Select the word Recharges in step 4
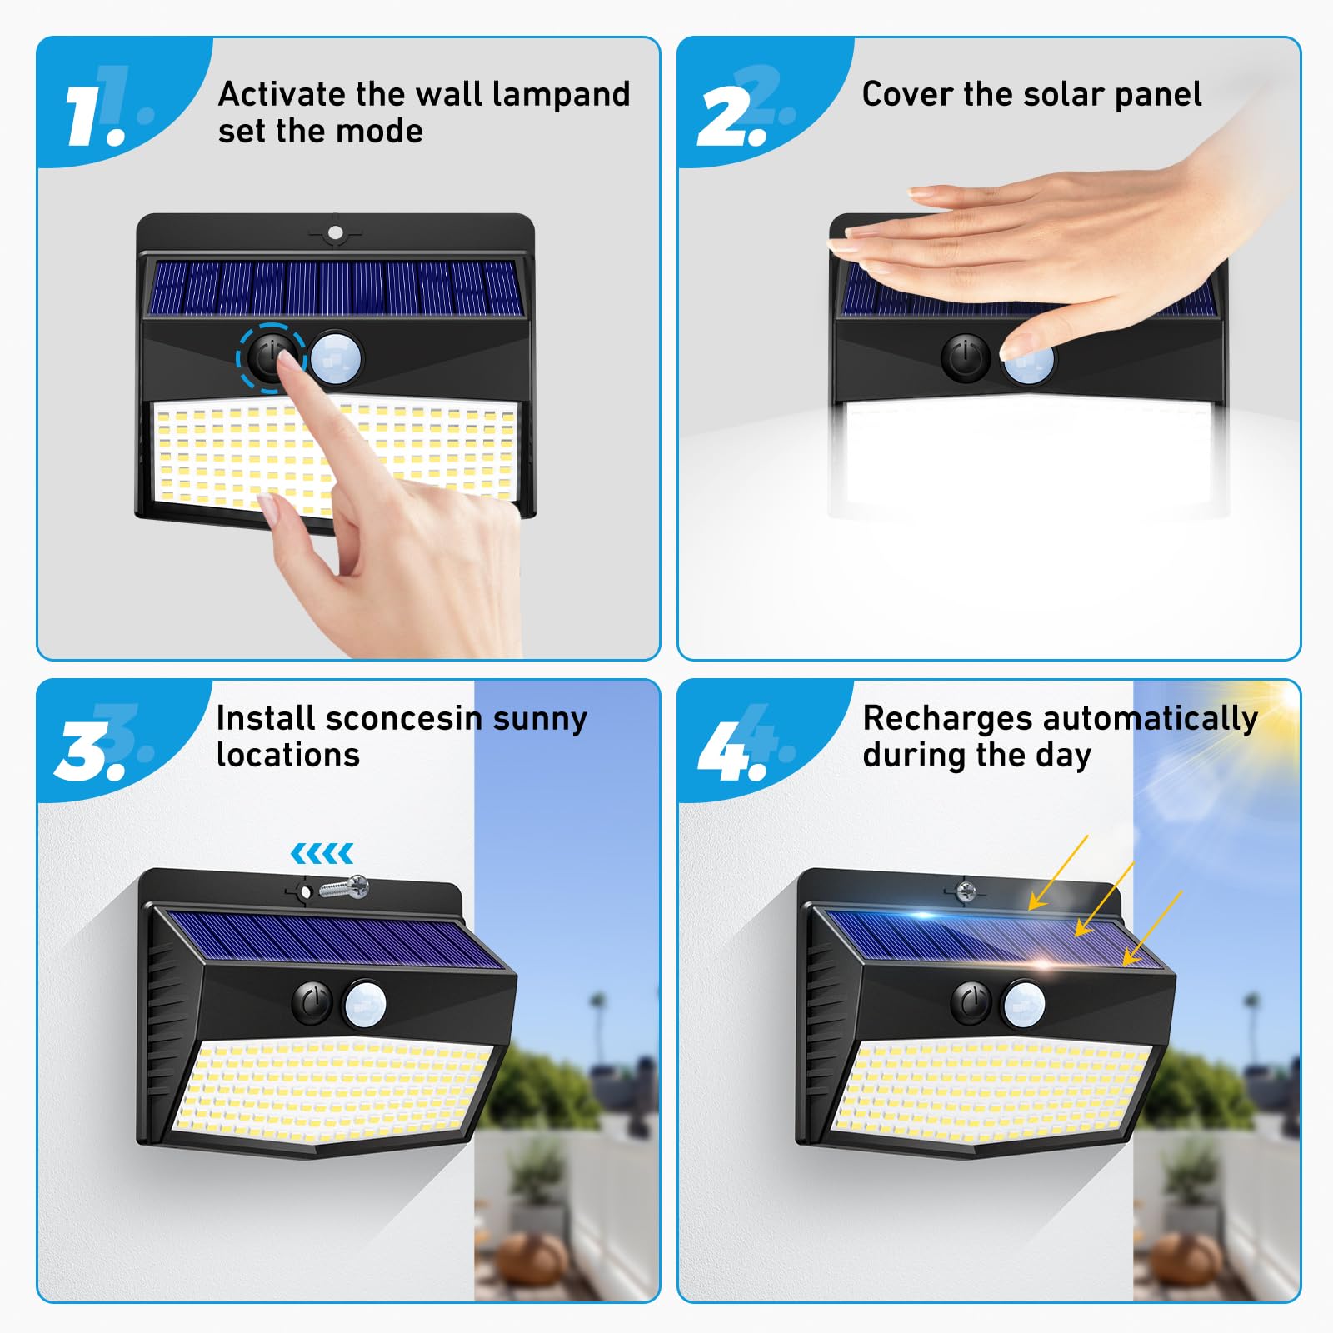[x=947, y=718]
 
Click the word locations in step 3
[x=287, y=755]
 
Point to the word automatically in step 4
[x=1150, y=718]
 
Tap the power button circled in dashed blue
[x=270, y=357]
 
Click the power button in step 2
[x=966, y=358]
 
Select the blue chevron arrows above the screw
[x=322, y=853]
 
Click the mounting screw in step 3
[x=343, y=887]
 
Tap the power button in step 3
[x=312, y=1003]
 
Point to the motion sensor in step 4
[x=1024, y=1003]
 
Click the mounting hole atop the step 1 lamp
[x=335, y=232]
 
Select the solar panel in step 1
[x=335, y=288]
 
